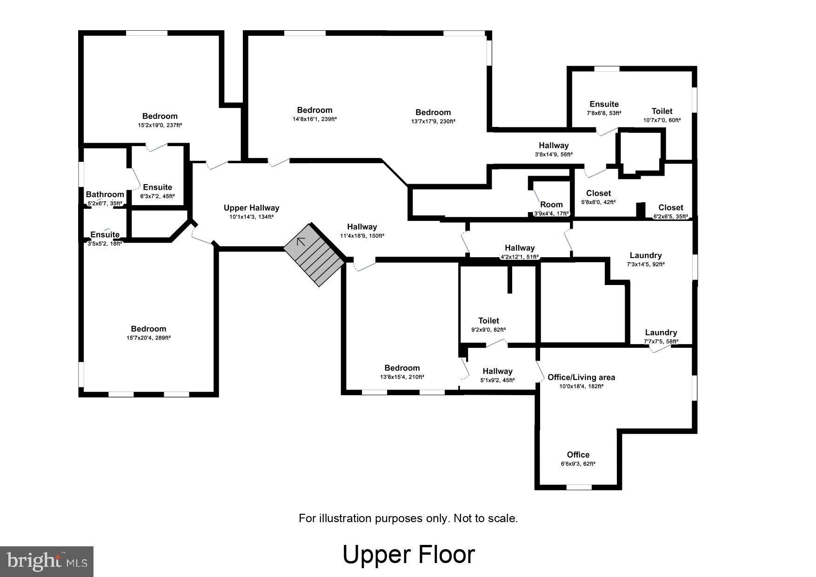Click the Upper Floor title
pos(408,554)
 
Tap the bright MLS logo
pos(47,561)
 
